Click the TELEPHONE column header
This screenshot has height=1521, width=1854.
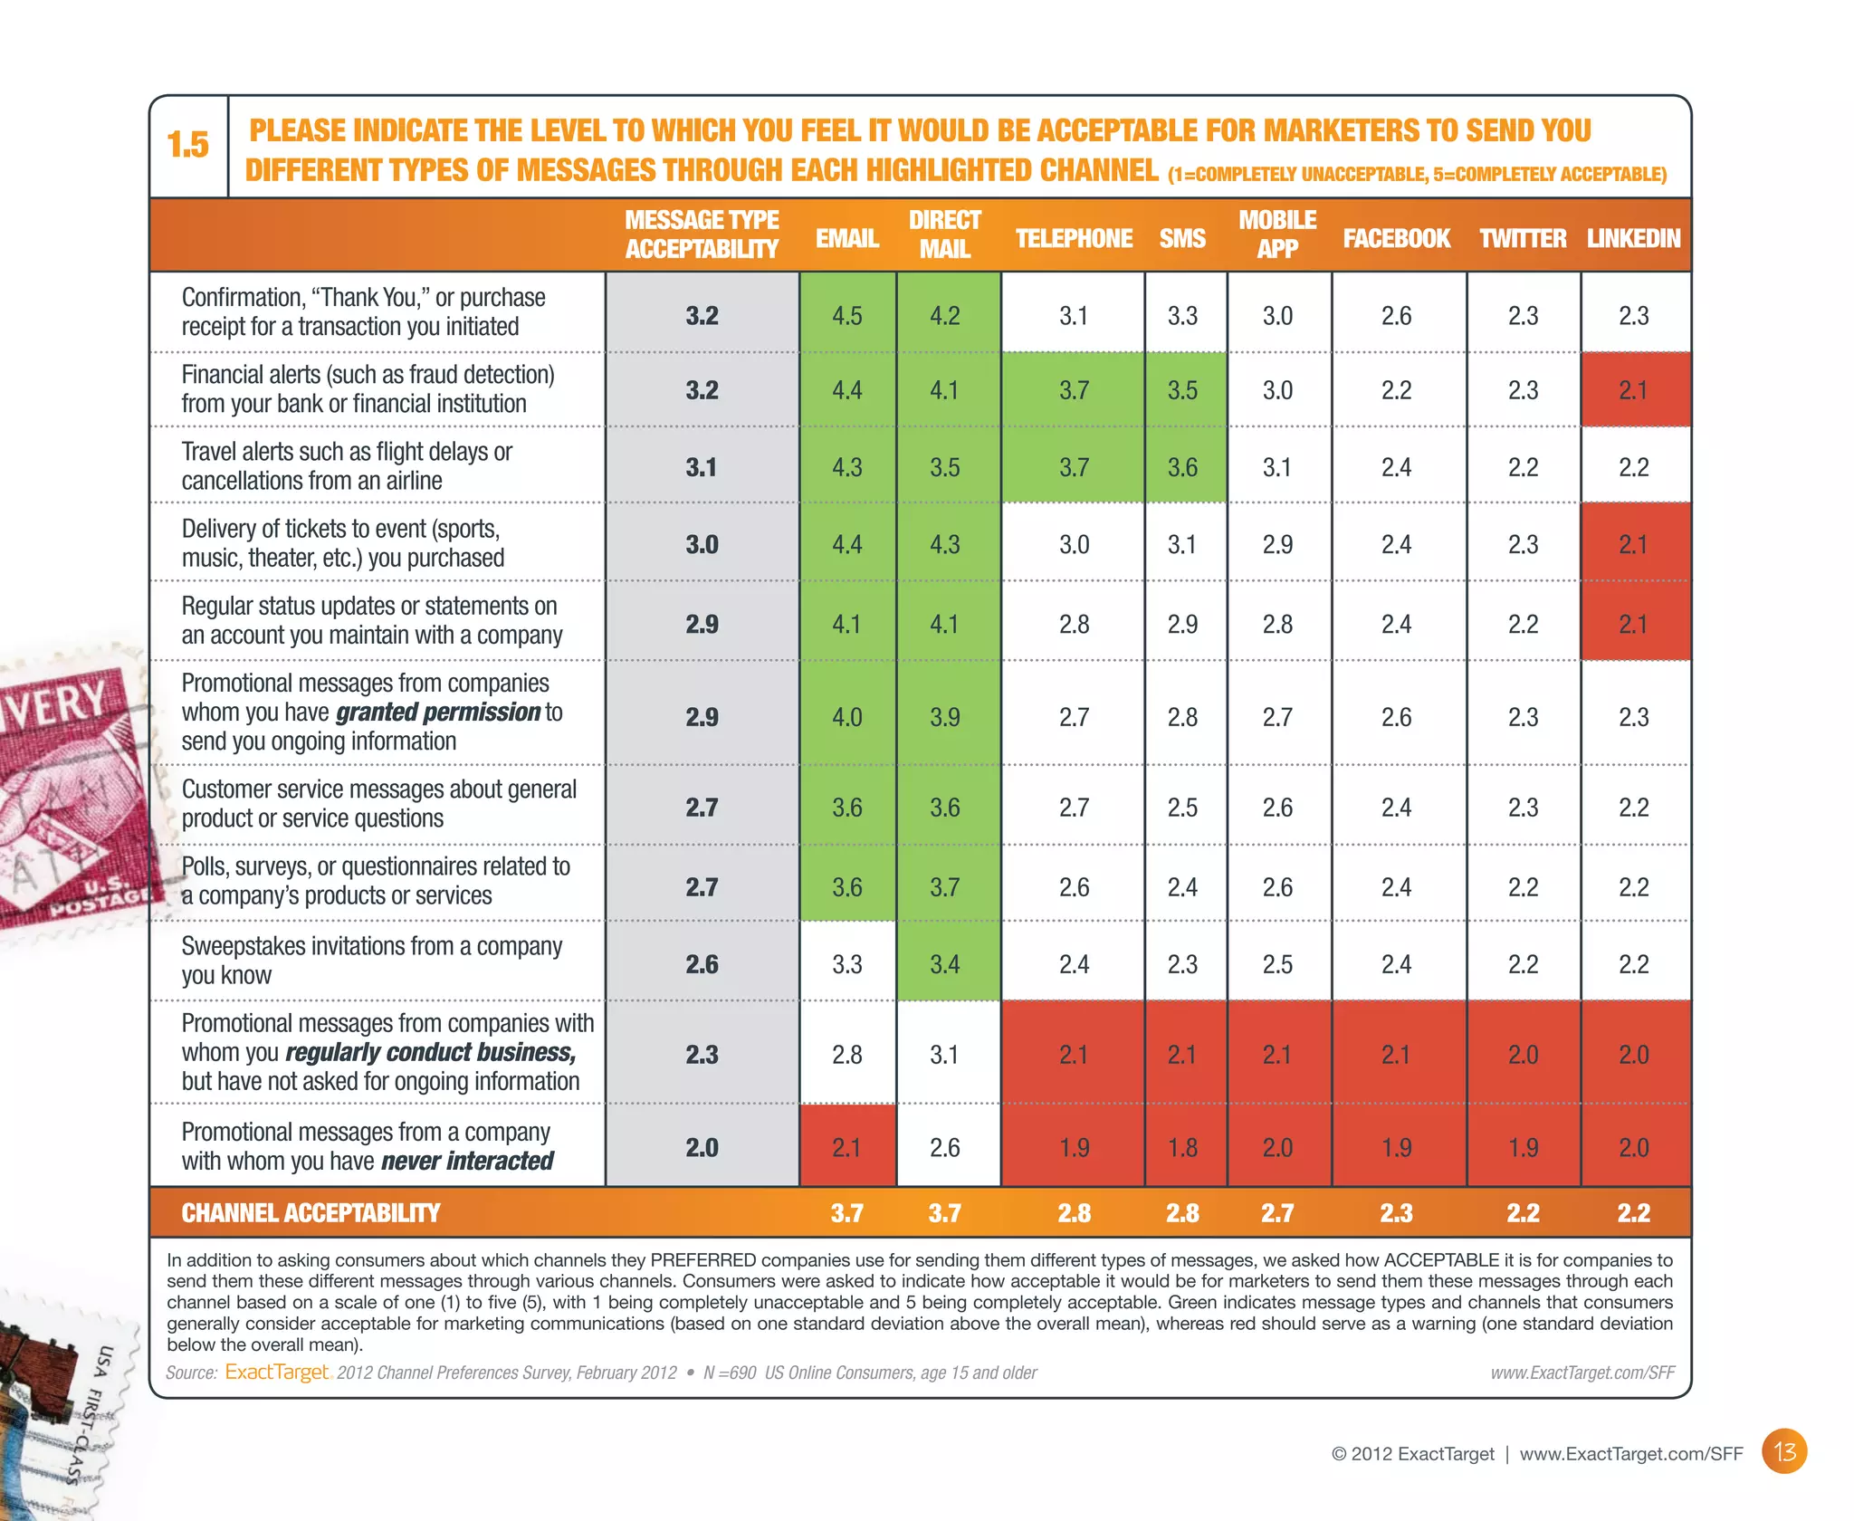click(1074, 238)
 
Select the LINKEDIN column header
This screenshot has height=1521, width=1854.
click(1633, 238)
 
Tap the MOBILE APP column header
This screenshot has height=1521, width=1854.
click(1277, 234)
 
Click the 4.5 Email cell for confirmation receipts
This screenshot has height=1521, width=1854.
click(846, 316)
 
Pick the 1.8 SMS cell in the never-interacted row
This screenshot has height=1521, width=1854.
click(1182, 1148)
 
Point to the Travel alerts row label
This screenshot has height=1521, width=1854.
click(347, 465)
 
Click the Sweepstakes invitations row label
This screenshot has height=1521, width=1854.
click(371, 960)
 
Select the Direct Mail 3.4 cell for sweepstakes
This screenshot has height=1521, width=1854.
click(944, 964)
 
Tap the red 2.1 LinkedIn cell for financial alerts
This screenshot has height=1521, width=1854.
click(1633, 390)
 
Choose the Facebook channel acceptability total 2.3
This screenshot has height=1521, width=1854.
click(1396, 1213)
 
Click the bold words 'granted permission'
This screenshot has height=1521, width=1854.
click(438, 713)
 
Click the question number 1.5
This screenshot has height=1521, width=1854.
click(188, 145)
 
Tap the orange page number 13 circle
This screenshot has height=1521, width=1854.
click(1784, 1452)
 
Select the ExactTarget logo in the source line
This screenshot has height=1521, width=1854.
click(277, 1372)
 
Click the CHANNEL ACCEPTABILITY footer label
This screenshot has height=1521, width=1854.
click(311, 1213)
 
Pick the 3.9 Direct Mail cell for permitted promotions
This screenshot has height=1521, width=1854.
click(944, 717)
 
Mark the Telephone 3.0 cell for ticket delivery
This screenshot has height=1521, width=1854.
click(1074, 545)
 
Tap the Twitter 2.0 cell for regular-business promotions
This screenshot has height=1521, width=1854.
click(1523, 1055)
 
